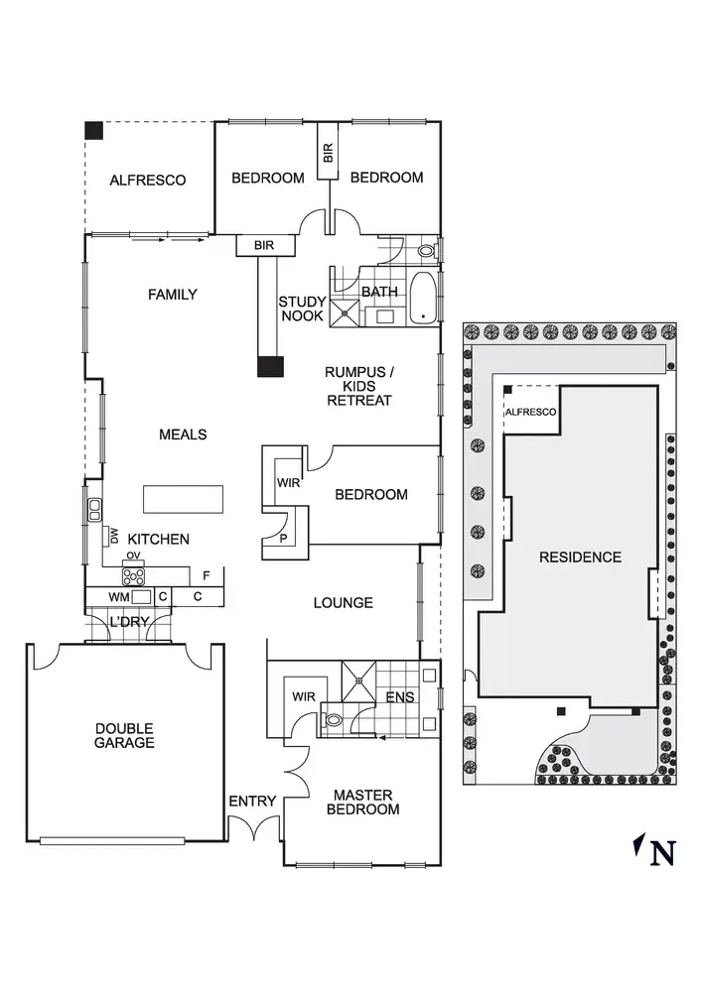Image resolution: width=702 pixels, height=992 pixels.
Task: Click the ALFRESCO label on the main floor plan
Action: pyautogui.click(x=148, y=180)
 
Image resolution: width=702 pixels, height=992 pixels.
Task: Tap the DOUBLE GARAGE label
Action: pyautogui.click(x=124, y=735)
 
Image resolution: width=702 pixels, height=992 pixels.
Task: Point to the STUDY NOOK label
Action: pyautogui.click(x=301, y=309)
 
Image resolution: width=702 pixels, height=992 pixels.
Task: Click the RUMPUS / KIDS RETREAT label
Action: pyautogui.click(x=358, y=386)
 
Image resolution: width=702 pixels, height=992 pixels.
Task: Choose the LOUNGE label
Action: pyautogui.click(x=344, y=602)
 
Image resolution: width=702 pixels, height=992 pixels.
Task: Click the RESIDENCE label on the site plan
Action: pyautogui.click(x=580, y=557)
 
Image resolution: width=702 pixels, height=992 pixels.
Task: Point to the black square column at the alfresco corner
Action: pyautogui.click(x=93, y=129)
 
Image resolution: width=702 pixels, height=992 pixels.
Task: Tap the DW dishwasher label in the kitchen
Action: pyautogui.click(x=114, y=536)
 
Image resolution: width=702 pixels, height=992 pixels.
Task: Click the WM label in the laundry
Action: pyautogui.click(x=119, y=597)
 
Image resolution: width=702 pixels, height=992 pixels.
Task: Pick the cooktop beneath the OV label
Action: pyautogui.click(x=133, y=573)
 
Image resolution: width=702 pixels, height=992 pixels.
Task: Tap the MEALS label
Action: pyautogui.click(x=183, y=434)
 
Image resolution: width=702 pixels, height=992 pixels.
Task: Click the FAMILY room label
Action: pyautogui.click(x=172, y=295)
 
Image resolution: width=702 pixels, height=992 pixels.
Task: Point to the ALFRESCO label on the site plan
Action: pyautogui.click(x=531, y=412)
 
